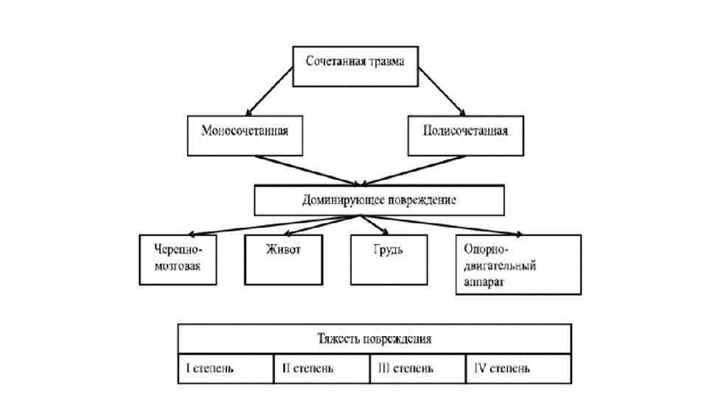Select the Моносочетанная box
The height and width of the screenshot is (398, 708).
pyautogui.click(x=243, y=135)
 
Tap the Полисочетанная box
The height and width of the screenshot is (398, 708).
pyautogui.click(x=465, y=135)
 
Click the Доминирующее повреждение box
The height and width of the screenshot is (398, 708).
pyautogui.click(x=379, y=200)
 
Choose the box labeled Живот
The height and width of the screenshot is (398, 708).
pyautogui.click(x=282, y=259)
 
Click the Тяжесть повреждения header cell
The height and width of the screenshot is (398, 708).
pyautogui.click(x=374, y=339)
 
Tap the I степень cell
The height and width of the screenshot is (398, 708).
pyautogui.click(x=226, y=367)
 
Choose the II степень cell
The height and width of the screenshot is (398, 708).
pyautogui.click(x=321, y=367)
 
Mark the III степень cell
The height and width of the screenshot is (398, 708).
pyautogui.click(x=417, y=367)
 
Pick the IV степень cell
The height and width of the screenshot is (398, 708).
pyautogui.click(x=518, y=367)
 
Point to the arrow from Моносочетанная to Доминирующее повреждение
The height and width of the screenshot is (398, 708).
pyautogui.click(x=302, y=170)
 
